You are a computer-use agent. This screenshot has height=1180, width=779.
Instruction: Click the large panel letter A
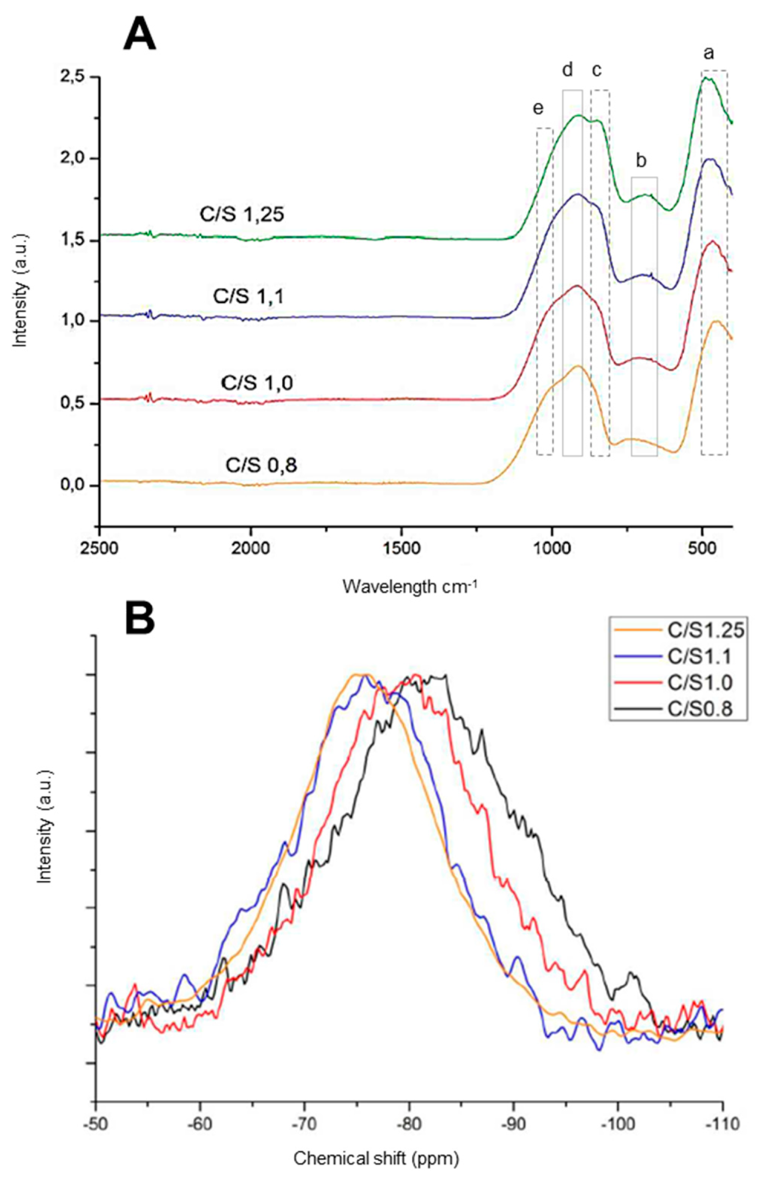click(x=139, y=33)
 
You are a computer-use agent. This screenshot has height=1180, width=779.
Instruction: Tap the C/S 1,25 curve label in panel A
click(x=241, y=215)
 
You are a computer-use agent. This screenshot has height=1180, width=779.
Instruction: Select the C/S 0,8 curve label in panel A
click(x=261, y=464)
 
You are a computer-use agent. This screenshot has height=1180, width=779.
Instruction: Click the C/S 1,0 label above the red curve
click(x=257, y=383)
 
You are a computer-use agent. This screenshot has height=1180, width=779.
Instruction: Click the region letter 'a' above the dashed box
click(x=709, y=53)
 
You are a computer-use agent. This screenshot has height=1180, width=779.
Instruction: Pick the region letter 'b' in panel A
click(x=641, y=161)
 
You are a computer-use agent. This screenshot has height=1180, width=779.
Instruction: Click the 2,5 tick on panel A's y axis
click(x=73, y=77)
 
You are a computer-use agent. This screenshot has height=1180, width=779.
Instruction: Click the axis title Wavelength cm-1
click(x=410, y=587)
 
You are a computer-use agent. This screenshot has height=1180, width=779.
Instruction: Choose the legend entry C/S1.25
click(x=706, y=631)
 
